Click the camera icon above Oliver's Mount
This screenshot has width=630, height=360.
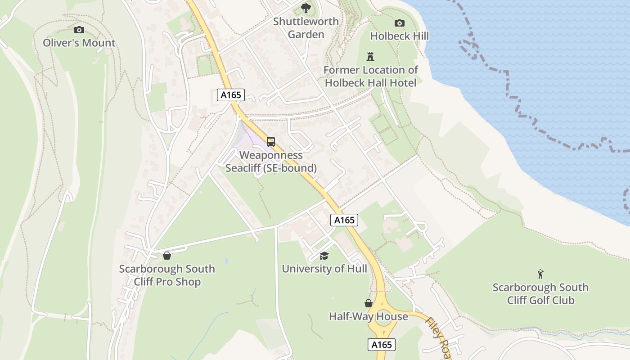79,30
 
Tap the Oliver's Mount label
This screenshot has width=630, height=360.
79,43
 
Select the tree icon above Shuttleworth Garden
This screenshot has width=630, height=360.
306,8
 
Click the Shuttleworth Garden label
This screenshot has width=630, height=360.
306,28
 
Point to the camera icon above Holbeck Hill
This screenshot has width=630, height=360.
399,23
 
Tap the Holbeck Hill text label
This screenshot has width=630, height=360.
399,36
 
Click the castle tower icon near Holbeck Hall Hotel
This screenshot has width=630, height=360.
370,57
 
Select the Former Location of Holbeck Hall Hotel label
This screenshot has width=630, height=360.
370,76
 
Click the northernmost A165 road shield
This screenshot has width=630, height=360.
230,95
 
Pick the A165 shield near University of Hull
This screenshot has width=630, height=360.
344,220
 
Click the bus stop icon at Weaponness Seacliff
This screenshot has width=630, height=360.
271,142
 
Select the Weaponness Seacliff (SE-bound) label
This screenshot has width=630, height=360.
271,162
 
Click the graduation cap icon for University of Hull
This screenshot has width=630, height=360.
324,256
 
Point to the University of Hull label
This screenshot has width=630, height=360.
324,269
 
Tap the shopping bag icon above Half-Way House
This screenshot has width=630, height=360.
368,303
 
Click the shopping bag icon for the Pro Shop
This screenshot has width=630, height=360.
167,256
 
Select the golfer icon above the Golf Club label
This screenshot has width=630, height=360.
540,274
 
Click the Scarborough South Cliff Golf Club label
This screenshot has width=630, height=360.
540,294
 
